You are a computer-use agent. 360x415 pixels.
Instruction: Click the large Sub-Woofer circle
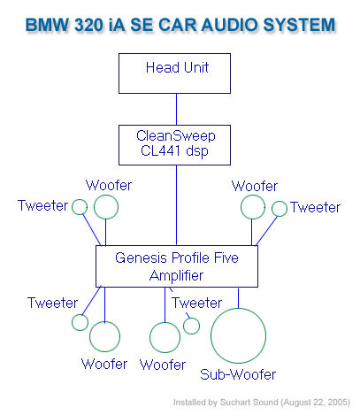[238, 308]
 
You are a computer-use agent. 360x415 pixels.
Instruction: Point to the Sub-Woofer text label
[238, 374]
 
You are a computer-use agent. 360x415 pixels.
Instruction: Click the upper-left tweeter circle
[80, 199]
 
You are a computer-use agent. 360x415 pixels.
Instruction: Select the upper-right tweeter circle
[280, 201]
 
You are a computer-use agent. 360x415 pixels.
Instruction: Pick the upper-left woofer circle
[106, 195]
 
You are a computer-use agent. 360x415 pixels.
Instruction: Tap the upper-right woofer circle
[253, 195]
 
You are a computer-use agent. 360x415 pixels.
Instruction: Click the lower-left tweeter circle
[80, 314]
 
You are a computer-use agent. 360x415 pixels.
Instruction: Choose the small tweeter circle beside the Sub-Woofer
[191, 318]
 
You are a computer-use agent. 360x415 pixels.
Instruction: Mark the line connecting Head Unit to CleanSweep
[176, 109]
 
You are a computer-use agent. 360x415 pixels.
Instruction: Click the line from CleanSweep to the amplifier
[176, 205]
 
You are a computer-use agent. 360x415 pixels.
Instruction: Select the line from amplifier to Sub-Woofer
[238, 298]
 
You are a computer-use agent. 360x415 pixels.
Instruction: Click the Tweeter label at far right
[315, 207]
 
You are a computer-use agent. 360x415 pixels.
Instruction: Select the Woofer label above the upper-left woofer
[109, 185]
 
